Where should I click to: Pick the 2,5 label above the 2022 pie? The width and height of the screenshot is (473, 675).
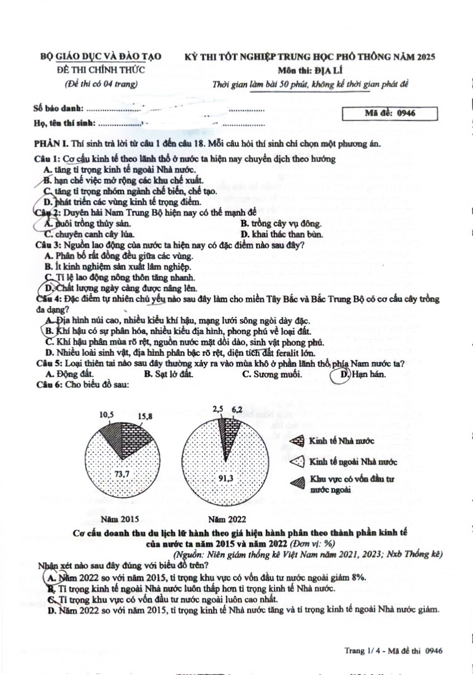coord(218,409)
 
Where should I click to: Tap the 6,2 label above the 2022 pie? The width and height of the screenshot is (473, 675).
coord(236,410)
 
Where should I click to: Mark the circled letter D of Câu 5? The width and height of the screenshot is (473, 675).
coord(345,374)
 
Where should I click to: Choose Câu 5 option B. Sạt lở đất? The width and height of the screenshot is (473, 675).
coord(168,374)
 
